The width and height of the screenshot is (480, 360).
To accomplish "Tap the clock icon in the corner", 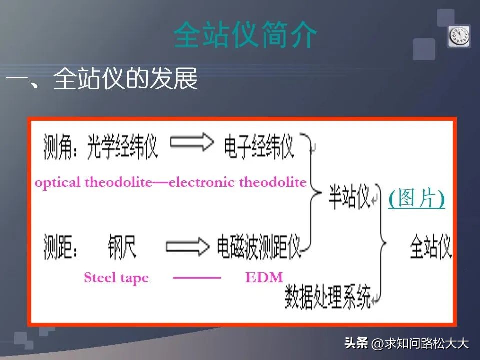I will [458, 36].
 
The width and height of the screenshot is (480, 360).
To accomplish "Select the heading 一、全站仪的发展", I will [102, 79].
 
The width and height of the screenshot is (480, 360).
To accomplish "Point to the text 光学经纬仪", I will [122, 146].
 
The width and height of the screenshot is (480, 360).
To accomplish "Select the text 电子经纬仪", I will [258, 146].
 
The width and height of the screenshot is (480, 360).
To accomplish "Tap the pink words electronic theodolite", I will [238, 182].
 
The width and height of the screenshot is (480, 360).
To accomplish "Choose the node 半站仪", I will [348, 196].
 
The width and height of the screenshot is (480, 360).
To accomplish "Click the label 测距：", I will [62, 246].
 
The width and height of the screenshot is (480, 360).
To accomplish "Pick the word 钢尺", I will [121, 246].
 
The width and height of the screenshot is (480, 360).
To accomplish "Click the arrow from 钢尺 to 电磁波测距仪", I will [187, 245].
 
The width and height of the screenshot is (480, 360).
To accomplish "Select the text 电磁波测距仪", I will [258, 246].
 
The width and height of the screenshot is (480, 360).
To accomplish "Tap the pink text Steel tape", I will [116, 278].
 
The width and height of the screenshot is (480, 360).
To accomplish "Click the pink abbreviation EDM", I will [264, 278].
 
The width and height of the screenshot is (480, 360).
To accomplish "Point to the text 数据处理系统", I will [328, 298].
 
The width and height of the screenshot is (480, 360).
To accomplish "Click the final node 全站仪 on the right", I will [430, 247].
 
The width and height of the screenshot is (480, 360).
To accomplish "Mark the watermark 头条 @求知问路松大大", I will [406, 343].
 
